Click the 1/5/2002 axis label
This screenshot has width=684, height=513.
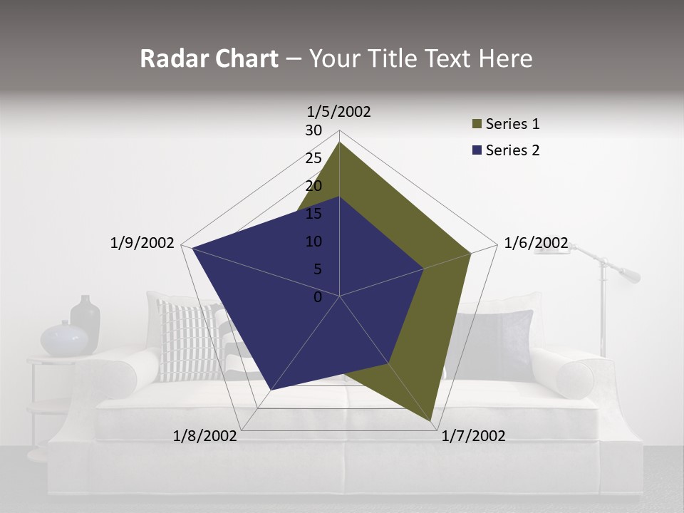[x=339, y=112]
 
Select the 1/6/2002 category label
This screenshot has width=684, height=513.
[x=536, y=243]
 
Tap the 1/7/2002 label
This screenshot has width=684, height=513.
[x=473, y=435]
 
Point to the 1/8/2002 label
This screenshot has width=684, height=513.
[x=205, y=435]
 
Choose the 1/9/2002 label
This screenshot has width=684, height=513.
[x=142, y=243]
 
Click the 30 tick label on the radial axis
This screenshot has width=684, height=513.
[x=313, y=130]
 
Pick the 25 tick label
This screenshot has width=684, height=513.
[x=313, y=158]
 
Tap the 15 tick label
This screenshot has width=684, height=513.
[x=313, y=214]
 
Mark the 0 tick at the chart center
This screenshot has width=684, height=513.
[x=318, y=297]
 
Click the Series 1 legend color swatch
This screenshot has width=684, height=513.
[x=477, y=125]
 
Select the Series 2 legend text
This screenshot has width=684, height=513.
[x=512, y=150]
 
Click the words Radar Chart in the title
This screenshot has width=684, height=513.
[x=209, y=58]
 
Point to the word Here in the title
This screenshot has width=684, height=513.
[x=505, y=58]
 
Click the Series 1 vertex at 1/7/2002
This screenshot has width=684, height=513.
[x=432, y=422]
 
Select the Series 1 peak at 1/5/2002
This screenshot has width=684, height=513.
[x=339, y=142]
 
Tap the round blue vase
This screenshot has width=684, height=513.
[x=64, y=339]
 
